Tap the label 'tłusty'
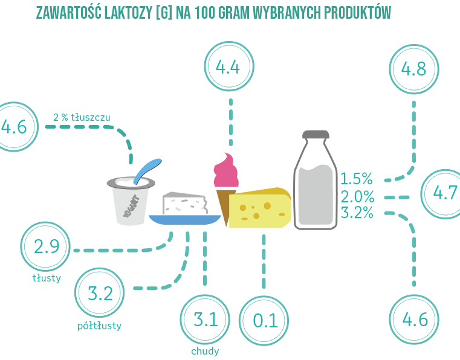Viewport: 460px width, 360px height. click(47, 278)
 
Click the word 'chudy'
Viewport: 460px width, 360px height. click(205, 351)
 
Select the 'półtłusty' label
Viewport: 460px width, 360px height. click(99, 326)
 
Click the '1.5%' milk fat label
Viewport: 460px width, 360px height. click(357, 179)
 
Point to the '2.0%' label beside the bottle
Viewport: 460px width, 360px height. click(357, 196)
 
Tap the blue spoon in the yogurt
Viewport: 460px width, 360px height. click(147, 171)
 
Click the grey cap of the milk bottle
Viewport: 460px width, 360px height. click(316, 135)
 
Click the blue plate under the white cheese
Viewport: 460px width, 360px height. click(185, 220)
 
